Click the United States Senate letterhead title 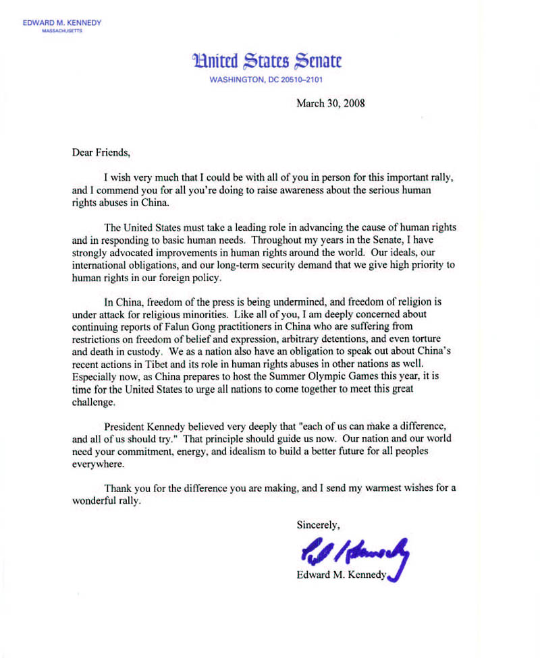click(x=267, y=61)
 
